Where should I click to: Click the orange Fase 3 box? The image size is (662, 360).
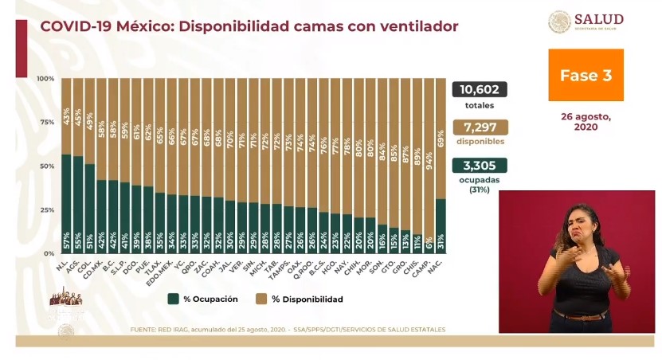click(x=586, y=76)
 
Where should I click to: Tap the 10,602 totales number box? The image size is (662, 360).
click(x=480, y=90)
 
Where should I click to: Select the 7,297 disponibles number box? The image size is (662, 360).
click(x=480, y=127)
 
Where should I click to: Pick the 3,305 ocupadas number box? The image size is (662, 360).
click(x=480, y=166)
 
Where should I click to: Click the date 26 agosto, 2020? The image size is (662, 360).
click(x=586, y=121)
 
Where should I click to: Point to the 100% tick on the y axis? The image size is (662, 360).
click(x=45, y=79)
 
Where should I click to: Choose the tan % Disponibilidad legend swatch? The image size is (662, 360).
click(x=260, y=299)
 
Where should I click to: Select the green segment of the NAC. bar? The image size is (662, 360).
click(x=441, y=223)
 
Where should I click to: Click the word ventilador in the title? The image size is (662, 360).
click(x=414, y=26)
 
